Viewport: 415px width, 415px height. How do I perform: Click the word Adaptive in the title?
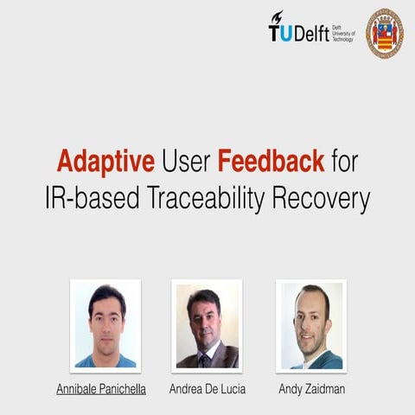click(106, 161)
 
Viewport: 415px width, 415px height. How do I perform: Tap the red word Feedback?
click(271, 161)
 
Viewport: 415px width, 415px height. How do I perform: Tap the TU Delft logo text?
click(297, 32)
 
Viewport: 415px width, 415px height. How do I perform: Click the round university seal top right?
click(384, 33)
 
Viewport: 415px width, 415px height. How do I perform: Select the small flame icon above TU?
click(277, 17)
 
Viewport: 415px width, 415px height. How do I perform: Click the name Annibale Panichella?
click(101, 389)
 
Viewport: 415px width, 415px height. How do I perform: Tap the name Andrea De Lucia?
click(207, 389)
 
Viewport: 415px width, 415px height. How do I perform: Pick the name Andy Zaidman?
click(311, 389)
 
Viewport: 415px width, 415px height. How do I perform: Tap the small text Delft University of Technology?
click(343, 32)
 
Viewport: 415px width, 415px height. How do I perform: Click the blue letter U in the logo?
click(286, 33)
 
